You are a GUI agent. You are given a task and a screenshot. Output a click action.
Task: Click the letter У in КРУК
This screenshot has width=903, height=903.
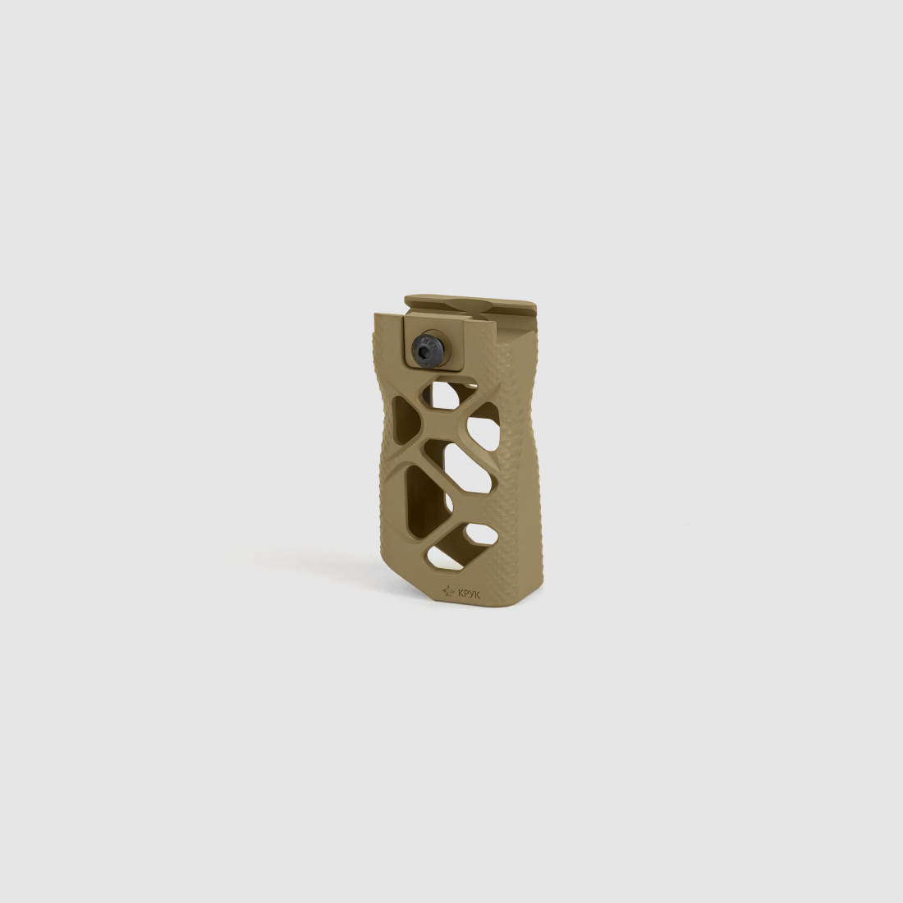472,590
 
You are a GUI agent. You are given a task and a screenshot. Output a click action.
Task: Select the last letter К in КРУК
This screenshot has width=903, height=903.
479,590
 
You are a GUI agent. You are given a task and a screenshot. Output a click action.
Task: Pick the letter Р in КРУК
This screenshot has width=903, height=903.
465,590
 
